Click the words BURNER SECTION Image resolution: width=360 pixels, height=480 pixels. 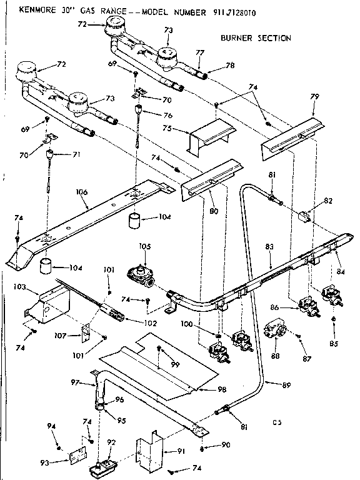point(256,38)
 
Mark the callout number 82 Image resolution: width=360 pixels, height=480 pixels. point(327,200)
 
